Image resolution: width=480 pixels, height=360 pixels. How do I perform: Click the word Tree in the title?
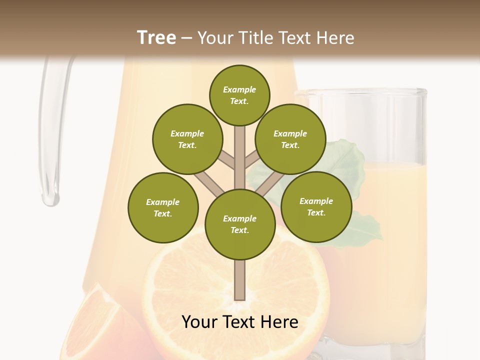coord(156,38)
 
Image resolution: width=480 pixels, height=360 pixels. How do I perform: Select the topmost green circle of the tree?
coord(239,95)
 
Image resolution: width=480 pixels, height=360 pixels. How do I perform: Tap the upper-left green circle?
coord(187,139)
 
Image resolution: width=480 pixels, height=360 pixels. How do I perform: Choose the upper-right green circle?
coord(290,139)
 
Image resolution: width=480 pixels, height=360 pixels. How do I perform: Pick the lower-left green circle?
coord(163,207)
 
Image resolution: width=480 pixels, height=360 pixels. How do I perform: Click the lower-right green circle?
coord(316,206)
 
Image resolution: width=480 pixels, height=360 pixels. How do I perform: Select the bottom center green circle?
coord(239,224)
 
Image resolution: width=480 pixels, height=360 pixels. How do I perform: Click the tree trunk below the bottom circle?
coord(239,280)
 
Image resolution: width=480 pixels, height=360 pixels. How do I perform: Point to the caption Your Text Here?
coord(239,322)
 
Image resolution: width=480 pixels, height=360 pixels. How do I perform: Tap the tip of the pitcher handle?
coord(50,200)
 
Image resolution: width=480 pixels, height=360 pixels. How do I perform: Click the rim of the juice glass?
coord(360,92)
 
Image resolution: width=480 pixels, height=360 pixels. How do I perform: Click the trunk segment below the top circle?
coord(239,150)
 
